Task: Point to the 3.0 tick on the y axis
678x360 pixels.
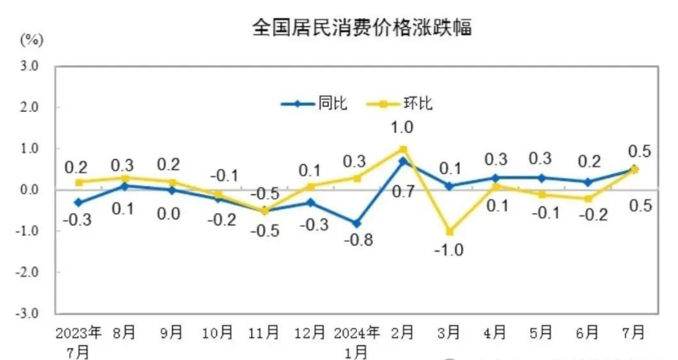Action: click(x=29, y=66)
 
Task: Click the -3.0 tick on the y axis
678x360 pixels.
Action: click(x=28, y=313)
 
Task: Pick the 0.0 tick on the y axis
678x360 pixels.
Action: click(x=29, y=189)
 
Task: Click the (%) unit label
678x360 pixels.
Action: click(x=31, y=38)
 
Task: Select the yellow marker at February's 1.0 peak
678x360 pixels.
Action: click(x=403, y=149)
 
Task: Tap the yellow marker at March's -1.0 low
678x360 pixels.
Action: click(x=450, y=231)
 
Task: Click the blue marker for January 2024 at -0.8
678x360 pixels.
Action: click(x=357, y=223)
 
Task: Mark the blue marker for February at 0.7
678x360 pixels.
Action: click(x=403, y=161)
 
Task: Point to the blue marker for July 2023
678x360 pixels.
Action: click(x=78, y=202)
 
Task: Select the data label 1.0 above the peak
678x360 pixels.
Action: click(x=402, y=127)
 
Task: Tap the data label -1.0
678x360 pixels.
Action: click(x=450, y=250)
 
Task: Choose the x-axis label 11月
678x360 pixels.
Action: click(x=264, y=333)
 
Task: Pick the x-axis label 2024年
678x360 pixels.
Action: click(x=357, y=333)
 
